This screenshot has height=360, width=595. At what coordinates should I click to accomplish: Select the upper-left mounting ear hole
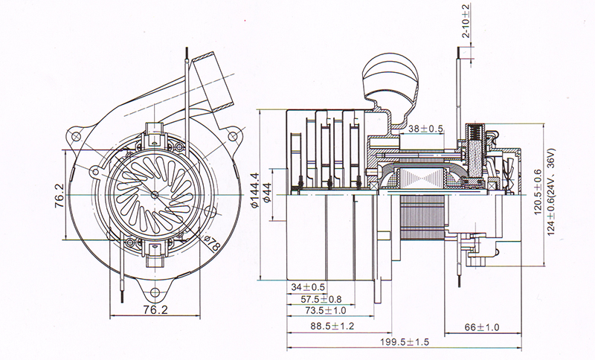tap(75, 137)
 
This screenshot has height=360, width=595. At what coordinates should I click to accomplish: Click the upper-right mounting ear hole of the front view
tap(235, 136)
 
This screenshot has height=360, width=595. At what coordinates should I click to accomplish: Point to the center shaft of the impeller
tap(155, 195)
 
